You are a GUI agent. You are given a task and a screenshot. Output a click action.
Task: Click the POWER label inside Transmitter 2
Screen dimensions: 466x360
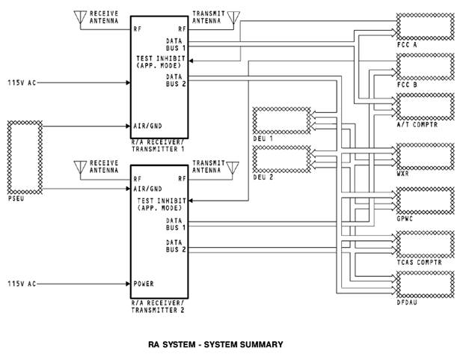pos(144,284)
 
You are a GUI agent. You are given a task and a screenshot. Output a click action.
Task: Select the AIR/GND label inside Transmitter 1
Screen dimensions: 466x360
pos(147,126)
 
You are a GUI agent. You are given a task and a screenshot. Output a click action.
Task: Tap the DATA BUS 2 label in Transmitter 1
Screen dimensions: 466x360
pos(176,80)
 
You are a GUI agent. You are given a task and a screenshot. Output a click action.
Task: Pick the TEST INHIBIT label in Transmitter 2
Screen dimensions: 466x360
pos(162,201)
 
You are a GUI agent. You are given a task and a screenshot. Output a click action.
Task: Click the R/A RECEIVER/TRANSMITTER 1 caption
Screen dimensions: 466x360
pos(158,145)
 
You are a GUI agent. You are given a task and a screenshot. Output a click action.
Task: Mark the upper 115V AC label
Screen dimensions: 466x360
pos(22,82)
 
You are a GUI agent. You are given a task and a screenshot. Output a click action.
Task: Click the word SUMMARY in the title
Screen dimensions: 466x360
pos(261,344)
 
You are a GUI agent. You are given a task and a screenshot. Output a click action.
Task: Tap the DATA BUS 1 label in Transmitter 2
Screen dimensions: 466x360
pos(176,224)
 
